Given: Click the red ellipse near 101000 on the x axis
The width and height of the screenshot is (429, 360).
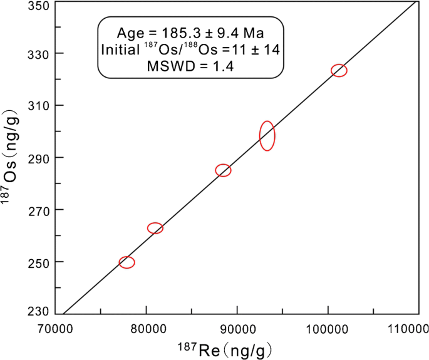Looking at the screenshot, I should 339,70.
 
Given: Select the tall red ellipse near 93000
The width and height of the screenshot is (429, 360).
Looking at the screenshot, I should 267,136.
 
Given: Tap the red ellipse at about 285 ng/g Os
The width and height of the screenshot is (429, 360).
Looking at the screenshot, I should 223,170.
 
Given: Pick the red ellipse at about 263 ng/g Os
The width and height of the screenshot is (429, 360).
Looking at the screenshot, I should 155,228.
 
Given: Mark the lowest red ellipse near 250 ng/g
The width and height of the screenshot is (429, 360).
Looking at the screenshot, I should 127,262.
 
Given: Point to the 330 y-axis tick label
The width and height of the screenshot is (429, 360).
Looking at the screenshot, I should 37,54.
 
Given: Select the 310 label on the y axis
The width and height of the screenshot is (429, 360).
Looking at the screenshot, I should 37,106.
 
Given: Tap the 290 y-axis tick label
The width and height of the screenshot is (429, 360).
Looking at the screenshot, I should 37,158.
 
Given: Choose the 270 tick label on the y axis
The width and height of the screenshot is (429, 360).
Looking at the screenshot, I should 37,210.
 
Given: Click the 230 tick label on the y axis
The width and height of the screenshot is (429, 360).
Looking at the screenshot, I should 37,311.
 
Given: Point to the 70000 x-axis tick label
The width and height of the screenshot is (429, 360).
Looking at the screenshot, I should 56,327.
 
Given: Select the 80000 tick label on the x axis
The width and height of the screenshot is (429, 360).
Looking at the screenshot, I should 146,327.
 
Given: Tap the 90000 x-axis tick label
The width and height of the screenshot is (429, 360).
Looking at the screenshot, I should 237,327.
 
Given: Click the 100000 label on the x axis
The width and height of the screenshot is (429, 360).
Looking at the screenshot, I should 328,327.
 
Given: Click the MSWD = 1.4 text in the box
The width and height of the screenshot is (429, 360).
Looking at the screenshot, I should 191,67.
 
